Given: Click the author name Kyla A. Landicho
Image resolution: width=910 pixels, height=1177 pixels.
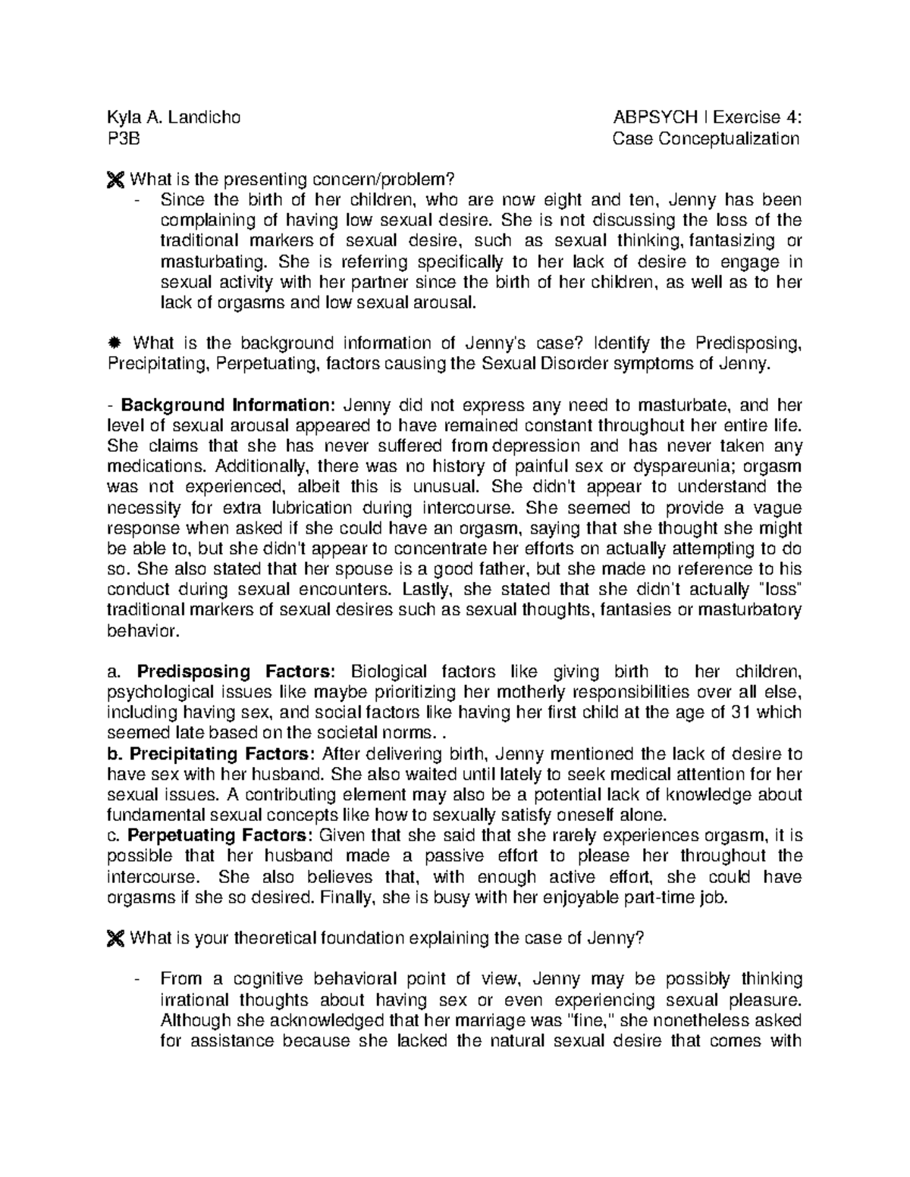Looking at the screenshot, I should point(174,117).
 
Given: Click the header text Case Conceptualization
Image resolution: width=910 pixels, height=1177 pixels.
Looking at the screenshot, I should point(706,139).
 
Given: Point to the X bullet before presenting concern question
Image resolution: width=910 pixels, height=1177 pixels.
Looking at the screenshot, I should point(115,180).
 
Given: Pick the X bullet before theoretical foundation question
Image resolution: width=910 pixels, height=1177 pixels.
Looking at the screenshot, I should point(115,939).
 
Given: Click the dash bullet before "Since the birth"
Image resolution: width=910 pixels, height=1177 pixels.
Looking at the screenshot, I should point(136,201).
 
